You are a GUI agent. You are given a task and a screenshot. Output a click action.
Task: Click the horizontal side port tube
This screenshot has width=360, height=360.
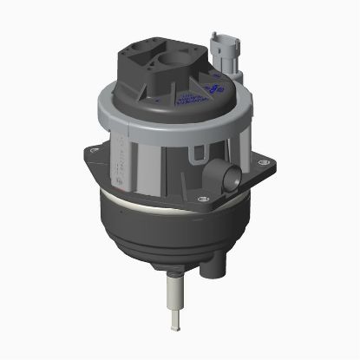click(x=229, y=179)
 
